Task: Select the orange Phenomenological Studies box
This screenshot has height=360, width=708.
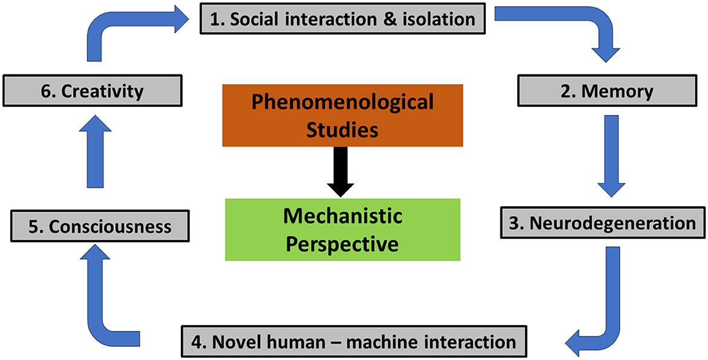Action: (343, 115)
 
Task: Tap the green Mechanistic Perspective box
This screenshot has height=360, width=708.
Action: (343, 229)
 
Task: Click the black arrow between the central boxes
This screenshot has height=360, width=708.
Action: (343, 171)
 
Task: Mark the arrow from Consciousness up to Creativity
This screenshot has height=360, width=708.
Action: (99, 151)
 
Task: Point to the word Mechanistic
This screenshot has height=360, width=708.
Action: (343, 216)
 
